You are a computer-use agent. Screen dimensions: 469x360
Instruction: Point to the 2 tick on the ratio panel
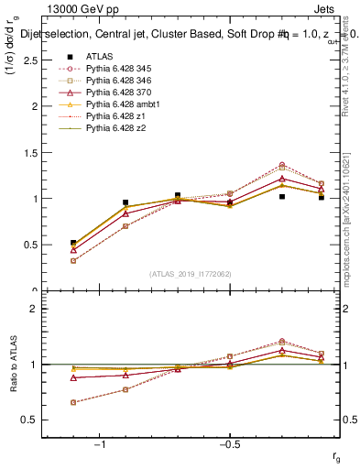tap(38, 309)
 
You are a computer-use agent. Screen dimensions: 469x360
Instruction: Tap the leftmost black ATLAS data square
tap(73, 243)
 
